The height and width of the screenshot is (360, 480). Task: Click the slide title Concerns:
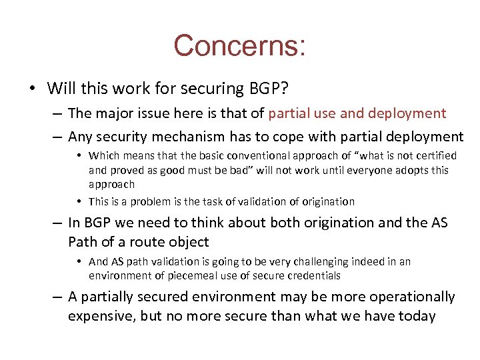(240, 46)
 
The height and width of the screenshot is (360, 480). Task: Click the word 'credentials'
(314, 275)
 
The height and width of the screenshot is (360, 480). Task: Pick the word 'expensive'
(99, 315)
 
